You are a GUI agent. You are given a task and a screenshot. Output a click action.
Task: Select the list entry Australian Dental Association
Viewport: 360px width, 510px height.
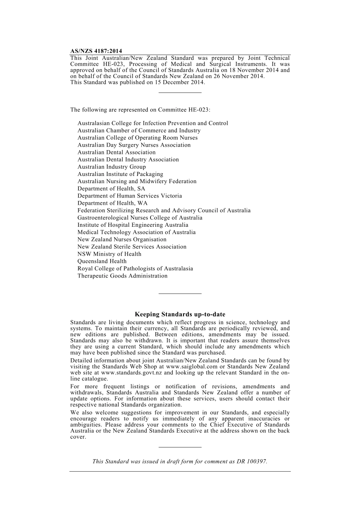point(116,152)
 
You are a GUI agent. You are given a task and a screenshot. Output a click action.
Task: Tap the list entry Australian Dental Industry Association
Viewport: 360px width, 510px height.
point(128,160)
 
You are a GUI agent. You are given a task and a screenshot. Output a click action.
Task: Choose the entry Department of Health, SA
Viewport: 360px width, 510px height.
point(111,188)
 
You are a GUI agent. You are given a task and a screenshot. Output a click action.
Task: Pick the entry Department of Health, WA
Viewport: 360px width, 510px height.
point(112,203)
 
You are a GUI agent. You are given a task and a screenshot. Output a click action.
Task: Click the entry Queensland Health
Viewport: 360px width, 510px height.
point(102,261)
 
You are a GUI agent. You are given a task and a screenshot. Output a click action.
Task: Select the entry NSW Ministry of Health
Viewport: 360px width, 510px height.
point(109,254)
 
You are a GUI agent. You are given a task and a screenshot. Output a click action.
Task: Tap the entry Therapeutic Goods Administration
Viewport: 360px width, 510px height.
point(122,276)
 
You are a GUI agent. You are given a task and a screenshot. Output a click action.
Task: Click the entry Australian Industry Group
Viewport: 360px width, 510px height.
point(111,167)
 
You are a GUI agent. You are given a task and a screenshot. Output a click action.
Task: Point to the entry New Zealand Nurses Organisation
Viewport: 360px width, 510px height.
point(122,240)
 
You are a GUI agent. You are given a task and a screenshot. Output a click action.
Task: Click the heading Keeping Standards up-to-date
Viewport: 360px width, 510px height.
point(180,314)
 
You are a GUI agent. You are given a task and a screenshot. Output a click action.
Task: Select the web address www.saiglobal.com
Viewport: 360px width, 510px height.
point(192,367)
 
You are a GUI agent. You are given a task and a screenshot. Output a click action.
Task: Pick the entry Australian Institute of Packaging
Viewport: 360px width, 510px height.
point(120,174)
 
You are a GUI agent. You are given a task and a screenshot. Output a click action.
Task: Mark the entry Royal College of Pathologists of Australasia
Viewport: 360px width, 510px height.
point(135,268)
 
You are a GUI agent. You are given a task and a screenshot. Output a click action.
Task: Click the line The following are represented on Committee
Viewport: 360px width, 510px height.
point(140,110)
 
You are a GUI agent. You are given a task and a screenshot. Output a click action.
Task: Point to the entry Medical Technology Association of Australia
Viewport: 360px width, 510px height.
point(136,232)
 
